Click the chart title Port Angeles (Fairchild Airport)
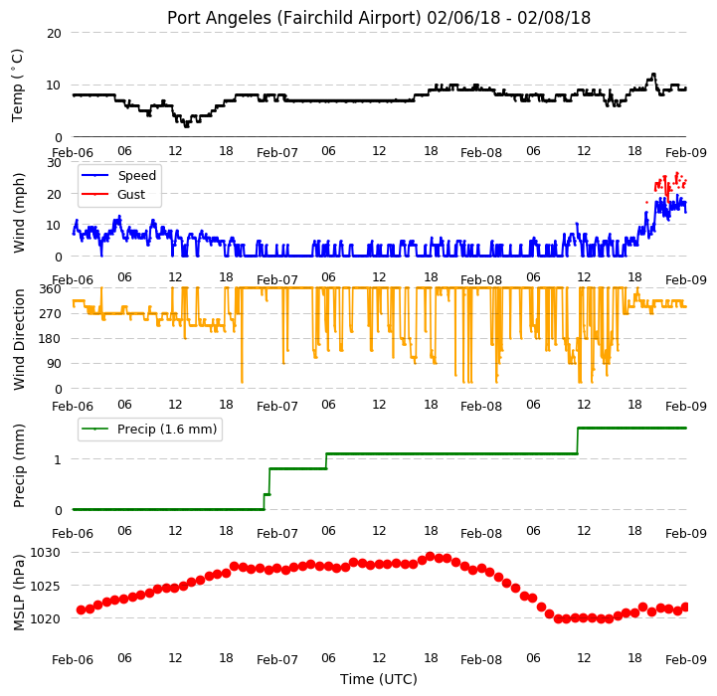pyautogui.click(x=293, y=18)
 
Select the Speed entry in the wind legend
pyautogui.click(x=136, y=176)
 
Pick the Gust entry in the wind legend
pyautogui.click(x=131, y=194)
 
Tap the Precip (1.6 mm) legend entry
pyautogui.click(x=167, y=429)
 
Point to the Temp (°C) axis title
pyautogui.click(x=17, y=86)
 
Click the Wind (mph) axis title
pyautogui.click(x=18, y=213)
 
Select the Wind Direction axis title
pyautogui.click(x=18, y=339)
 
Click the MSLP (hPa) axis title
pyautogui.click(x=18, y=593)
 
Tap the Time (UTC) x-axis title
pyautogui.click(x=379, y=679)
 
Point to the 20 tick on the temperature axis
pyautogui.click(x=54, y=34)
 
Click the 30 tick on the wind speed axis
pyautogui.click(x=54, y=163)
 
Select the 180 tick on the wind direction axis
pyautogui.click(x=52, y=339)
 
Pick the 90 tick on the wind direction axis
pyautogui.click(x=54, y=364)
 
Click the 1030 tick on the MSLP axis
pyautogui.click(x=45, y=553)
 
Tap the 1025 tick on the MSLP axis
pyautogui.click(x=45, y=586)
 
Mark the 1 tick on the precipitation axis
pyautogui.click(x=58, y=459)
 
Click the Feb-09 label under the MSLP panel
pyautogui.click(x=686, y=660)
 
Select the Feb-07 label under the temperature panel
pyautogui.click(x=277, y=153)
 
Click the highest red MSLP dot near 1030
pyautogui.click(x=430, y=557)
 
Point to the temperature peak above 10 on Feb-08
pyautogui.click(x=653, y=75)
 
